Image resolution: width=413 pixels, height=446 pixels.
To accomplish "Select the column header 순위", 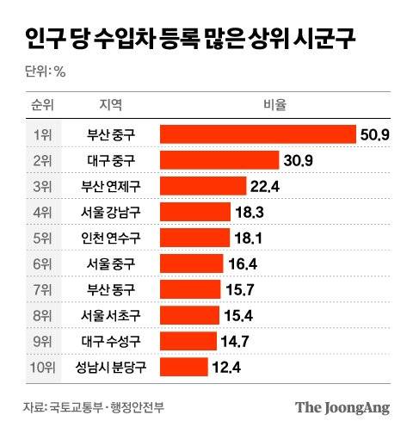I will click(42, 106).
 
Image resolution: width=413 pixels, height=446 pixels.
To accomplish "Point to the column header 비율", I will click(274, 106).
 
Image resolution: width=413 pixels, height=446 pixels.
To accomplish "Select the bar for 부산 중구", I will click(257, 134).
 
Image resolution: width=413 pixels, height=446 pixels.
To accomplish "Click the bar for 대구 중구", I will click(219, 160).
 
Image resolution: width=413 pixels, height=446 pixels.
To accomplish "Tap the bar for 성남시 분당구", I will click(183, 369).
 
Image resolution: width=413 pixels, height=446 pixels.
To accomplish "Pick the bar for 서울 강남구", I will click(195, 213).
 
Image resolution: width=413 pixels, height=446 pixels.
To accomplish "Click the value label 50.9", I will click(375, 134).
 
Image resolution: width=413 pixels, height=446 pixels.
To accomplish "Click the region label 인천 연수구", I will click(111, 238).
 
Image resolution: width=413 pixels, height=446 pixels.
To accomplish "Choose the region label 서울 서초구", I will click(111, 317).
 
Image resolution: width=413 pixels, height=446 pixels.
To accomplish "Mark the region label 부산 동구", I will click(111, 290).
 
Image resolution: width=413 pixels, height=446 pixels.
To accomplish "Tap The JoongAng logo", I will click(342, 408).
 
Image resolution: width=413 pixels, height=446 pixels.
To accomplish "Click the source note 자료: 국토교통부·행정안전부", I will click(94, 408).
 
